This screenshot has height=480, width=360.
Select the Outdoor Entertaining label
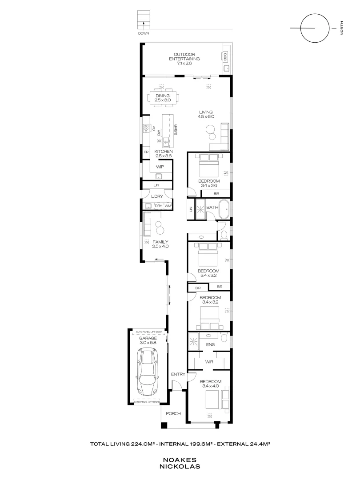point(184,59)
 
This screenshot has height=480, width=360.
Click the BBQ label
point(225,57)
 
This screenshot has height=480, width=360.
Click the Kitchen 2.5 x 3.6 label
point(163,154)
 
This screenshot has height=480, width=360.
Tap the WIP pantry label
point(160,167)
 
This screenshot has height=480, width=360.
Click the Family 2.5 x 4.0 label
point(160,244)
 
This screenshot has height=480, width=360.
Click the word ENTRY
point(178,374)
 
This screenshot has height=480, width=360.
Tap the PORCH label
point(173,414)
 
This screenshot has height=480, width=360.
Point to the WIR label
point(209,362)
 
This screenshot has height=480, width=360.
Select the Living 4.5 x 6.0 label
point(206,114)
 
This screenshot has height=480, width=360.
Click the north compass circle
point(312,28)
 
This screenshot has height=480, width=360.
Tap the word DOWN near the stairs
point(144,34)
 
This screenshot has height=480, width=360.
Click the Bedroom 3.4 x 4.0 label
point(210,384)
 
